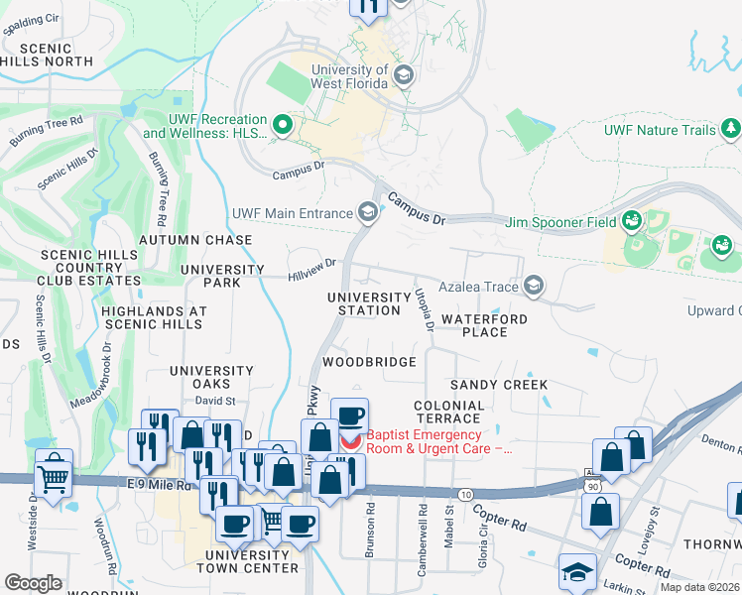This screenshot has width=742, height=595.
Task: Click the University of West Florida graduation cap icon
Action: (403, 75)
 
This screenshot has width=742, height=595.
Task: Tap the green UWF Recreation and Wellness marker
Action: (282, 125)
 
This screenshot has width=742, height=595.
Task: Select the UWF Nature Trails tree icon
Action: (732, 129)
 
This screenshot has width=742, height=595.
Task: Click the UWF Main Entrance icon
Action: (368, 212)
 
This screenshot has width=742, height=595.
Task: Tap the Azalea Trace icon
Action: (534, 287)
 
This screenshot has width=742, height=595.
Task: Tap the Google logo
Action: (33, 583)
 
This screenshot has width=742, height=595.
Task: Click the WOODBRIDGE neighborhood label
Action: (369, 362)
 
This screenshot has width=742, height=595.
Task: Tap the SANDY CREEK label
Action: (499, 384)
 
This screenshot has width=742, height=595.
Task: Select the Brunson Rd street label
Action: (370, 524)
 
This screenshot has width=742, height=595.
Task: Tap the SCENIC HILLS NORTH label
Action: (46, 55)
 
